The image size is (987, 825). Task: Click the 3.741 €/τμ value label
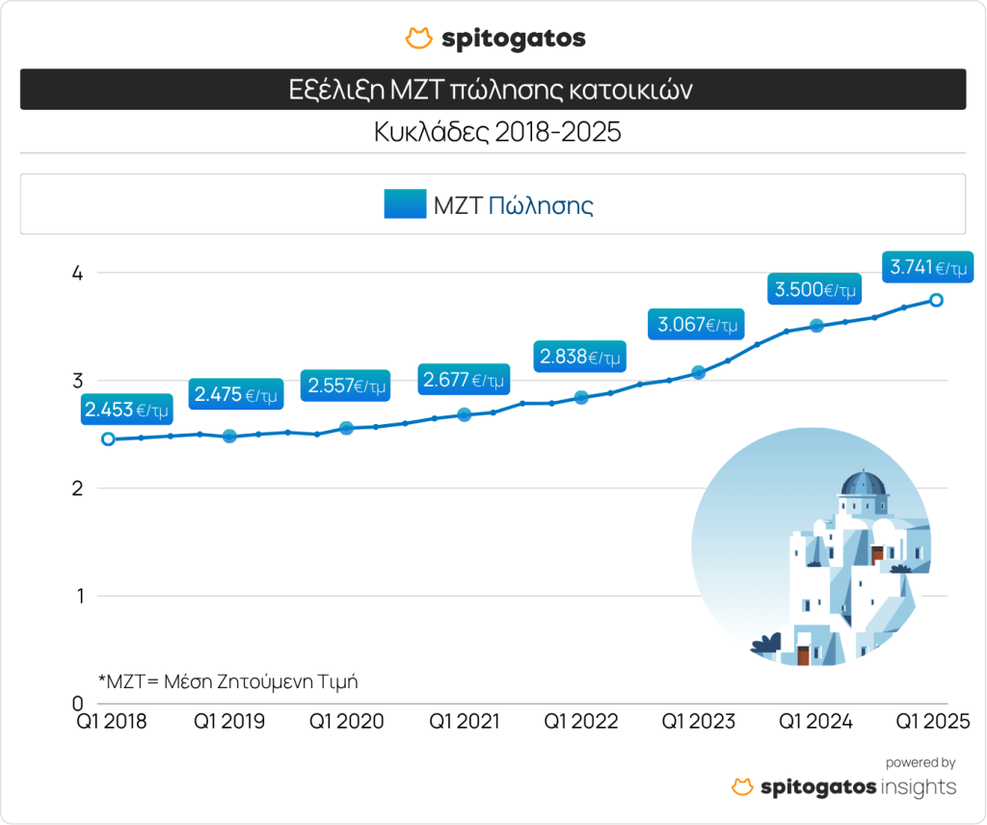tap(926, 267)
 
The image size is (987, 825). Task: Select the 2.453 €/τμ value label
tap(126, 410)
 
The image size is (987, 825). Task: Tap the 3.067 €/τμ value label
tap(699, 325)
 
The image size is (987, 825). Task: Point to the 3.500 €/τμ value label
tap(813, 289)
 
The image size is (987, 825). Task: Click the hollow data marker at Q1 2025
tap(935, 301)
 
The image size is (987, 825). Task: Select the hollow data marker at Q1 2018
tap(108, 439)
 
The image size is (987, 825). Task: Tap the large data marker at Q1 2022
tap(581, 397)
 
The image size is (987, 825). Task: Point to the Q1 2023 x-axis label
tap(698, 721)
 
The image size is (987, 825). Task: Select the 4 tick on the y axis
tap(78, 274)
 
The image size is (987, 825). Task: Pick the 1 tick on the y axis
tap(78, 596)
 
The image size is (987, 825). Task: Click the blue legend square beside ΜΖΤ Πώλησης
tap(405, 204)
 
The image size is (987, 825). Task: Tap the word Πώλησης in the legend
tap(540, 204)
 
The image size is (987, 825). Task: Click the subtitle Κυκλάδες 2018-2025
tap(497, 132)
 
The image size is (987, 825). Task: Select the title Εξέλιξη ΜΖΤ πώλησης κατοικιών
tap(492, 90)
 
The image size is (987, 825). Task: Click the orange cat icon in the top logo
tap(418, 39)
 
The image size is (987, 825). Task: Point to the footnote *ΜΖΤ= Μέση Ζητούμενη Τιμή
tap(228, 680)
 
